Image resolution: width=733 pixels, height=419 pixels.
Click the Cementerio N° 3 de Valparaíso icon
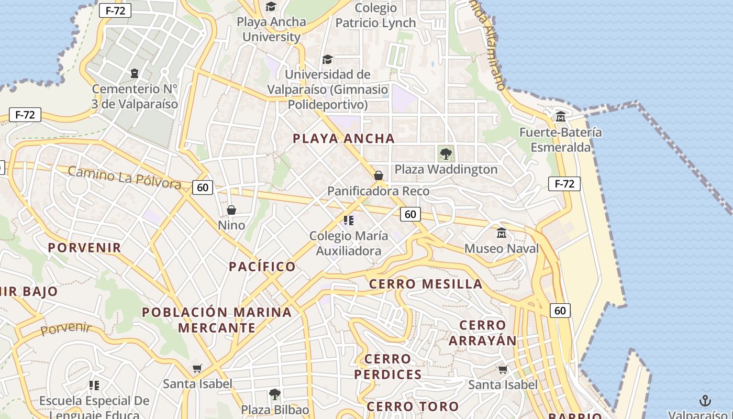135,73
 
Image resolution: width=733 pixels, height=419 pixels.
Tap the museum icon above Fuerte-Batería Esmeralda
561,116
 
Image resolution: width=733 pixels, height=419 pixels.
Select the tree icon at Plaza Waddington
446,154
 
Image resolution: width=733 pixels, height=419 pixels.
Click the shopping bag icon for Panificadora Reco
378,175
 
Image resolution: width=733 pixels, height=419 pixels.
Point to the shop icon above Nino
231,210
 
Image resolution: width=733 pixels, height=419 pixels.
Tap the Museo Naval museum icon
502,233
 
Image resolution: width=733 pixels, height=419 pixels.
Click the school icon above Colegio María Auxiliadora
349,220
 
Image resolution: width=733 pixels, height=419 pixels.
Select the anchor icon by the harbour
705,401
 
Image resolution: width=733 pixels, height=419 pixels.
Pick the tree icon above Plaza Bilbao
275,394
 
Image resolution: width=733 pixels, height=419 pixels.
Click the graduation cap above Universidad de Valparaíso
327,59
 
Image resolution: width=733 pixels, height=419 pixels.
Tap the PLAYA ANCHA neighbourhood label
343,139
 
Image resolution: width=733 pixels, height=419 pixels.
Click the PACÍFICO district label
262,267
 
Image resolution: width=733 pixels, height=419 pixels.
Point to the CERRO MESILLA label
426,284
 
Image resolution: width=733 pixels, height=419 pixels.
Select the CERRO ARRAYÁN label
483,333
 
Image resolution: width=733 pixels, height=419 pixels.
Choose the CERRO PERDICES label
388,367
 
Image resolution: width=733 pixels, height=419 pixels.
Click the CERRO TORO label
413,406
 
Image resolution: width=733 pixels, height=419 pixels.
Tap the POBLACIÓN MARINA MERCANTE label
217,320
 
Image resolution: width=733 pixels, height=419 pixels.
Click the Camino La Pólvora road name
125,178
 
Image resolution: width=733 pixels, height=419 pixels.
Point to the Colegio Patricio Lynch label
375,16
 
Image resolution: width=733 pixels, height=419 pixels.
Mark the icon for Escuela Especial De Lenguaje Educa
94,386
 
